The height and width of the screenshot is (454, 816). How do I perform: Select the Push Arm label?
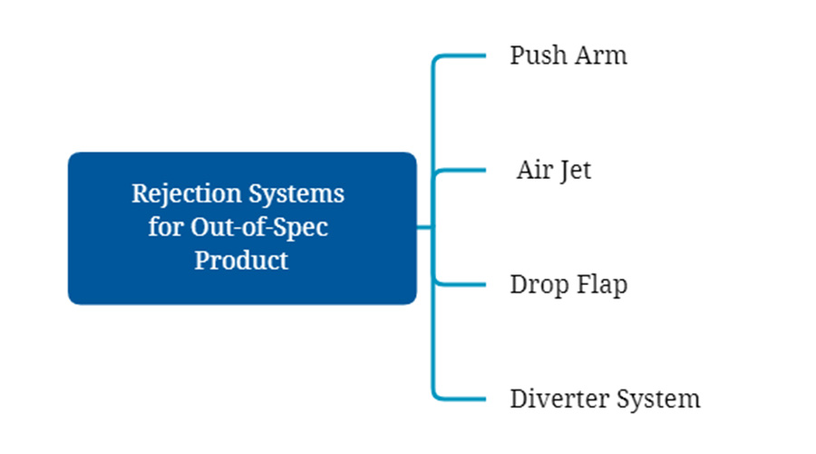(568, 55)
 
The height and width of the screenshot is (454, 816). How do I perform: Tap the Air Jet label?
(554, 170)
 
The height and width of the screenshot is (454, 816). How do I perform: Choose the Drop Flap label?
(568, 284)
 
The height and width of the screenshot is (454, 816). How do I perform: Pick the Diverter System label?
(605, 399)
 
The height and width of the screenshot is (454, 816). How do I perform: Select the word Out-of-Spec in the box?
(258, 227)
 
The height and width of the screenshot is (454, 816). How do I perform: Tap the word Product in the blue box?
(242, 260)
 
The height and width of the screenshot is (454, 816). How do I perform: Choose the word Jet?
(575, 170)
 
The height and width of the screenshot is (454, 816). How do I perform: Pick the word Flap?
(603, 284)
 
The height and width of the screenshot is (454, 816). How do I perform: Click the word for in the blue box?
(167, 227)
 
